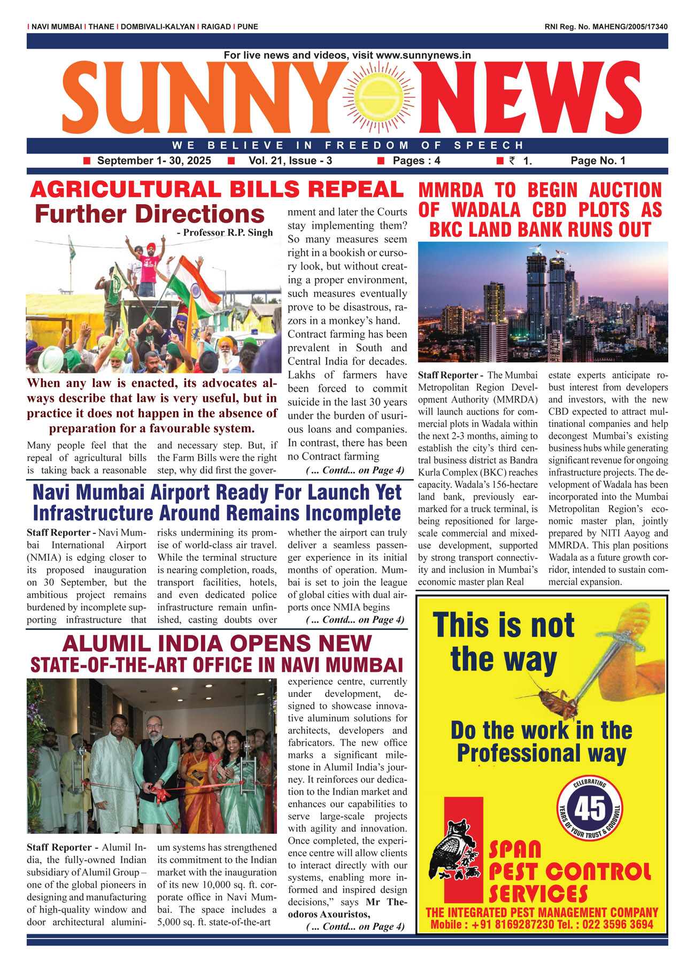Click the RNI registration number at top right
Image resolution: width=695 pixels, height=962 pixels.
pos(606,27)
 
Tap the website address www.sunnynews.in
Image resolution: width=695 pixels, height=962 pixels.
pos(423,55)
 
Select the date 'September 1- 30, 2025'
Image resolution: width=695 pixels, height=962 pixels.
pos(154,161)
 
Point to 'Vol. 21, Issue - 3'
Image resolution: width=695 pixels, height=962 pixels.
pos(290,161)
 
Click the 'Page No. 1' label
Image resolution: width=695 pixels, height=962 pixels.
pos(598,161)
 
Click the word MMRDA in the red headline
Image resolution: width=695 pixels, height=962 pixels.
pos(451,191)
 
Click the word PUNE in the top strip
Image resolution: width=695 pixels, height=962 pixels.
pos(248,27)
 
